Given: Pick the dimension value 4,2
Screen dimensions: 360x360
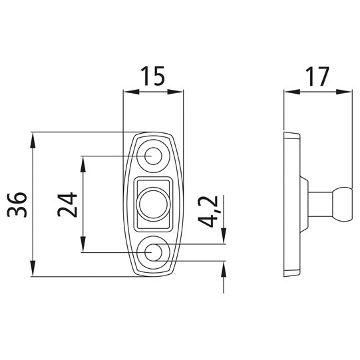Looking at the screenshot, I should coord(210,212).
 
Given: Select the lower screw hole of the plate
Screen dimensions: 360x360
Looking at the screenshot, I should coord(153,252).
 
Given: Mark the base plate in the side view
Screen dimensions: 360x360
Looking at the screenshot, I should coord(291,204).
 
